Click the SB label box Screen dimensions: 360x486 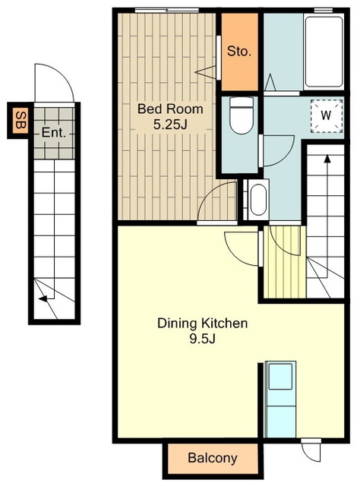(x=21, y=120)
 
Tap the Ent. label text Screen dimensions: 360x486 (x=54, y=133)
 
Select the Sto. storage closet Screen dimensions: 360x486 (x=240, y=52)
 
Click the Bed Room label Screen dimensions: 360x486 (x=170, y=109)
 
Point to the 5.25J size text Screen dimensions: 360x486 (x=170, y=125)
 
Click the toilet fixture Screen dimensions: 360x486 (x=242, y=115)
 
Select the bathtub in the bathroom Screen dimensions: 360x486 (x=324, y=52)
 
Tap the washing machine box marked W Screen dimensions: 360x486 (x=327, y=115)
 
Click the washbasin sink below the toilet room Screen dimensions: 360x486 (x=258, y=199)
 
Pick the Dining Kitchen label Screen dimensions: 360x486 (x=203, y=323)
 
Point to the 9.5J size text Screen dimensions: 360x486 (x=202, y=339)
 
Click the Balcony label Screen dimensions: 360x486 (x=213, y=457)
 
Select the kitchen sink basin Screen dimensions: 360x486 (x=280, y=377)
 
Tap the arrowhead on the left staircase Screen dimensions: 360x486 (x=43, y=298)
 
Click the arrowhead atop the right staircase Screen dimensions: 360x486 (x=327, y=159)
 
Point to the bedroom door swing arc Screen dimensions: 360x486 (x=211, y=192)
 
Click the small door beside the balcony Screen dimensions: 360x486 (x=311, y=450)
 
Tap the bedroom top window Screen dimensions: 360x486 (x=167, y=11)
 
